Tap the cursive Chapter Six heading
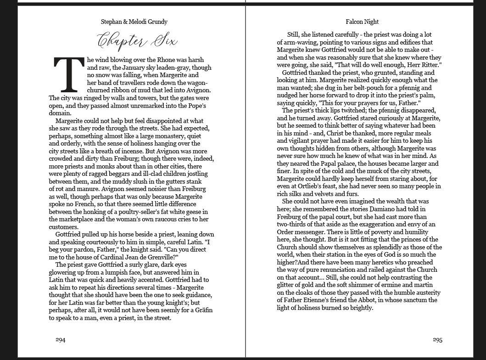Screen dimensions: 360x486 tap(137, 41)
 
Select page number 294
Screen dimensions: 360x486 tap(60, 340)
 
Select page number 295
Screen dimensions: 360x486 tap(437, 340)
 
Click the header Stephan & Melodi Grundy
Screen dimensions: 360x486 tap(134, 22)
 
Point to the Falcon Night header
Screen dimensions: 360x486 tap(362, 22)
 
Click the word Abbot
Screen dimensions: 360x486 tap(366, 300)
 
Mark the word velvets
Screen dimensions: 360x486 tap(322, 194)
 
